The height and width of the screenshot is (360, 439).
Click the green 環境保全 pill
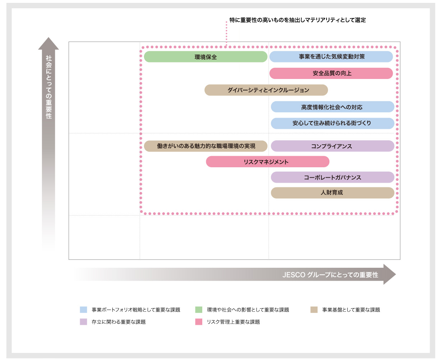[205, 57]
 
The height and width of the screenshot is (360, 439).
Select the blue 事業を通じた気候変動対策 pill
[331, 57]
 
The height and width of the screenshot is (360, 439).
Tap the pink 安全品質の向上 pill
[331, 73]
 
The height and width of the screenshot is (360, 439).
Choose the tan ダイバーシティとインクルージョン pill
[266, 90]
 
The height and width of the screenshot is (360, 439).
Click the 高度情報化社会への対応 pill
[332, 107]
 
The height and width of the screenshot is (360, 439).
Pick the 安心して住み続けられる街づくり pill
[332, 123]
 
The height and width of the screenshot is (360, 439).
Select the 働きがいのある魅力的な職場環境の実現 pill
[205, 146]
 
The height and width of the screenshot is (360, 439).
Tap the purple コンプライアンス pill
[332, 146]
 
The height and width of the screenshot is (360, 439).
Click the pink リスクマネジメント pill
[268, 162]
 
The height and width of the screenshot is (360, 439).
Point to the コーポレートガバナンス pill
[332, 177]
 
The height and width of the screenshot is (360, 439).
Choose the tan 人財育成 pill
[332, 193]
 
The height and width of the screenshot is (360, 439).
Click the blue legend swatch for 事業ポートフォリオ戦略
[83, 310]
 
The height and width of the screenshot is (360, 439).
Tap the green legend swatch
[199, 310]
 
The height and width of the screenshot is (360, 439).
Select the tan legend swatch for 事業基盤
[314, 310]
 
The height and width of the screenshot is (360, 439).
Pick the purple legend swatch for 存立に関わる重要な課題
[83, 322]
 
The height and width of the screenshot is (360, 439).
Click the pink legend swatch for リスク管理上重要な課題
[199, 322]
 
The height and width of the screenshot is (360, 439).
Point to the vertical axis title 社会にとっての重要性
[49, 87]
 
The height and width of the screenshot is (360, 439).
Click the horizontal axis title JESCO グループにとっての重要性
[330, 275]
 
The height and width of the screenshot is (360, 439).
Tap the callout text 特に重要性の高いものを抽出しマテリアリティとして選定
[297, 20]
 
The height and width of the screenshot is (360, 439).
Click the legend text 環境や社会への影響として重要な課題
[248, 310]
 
